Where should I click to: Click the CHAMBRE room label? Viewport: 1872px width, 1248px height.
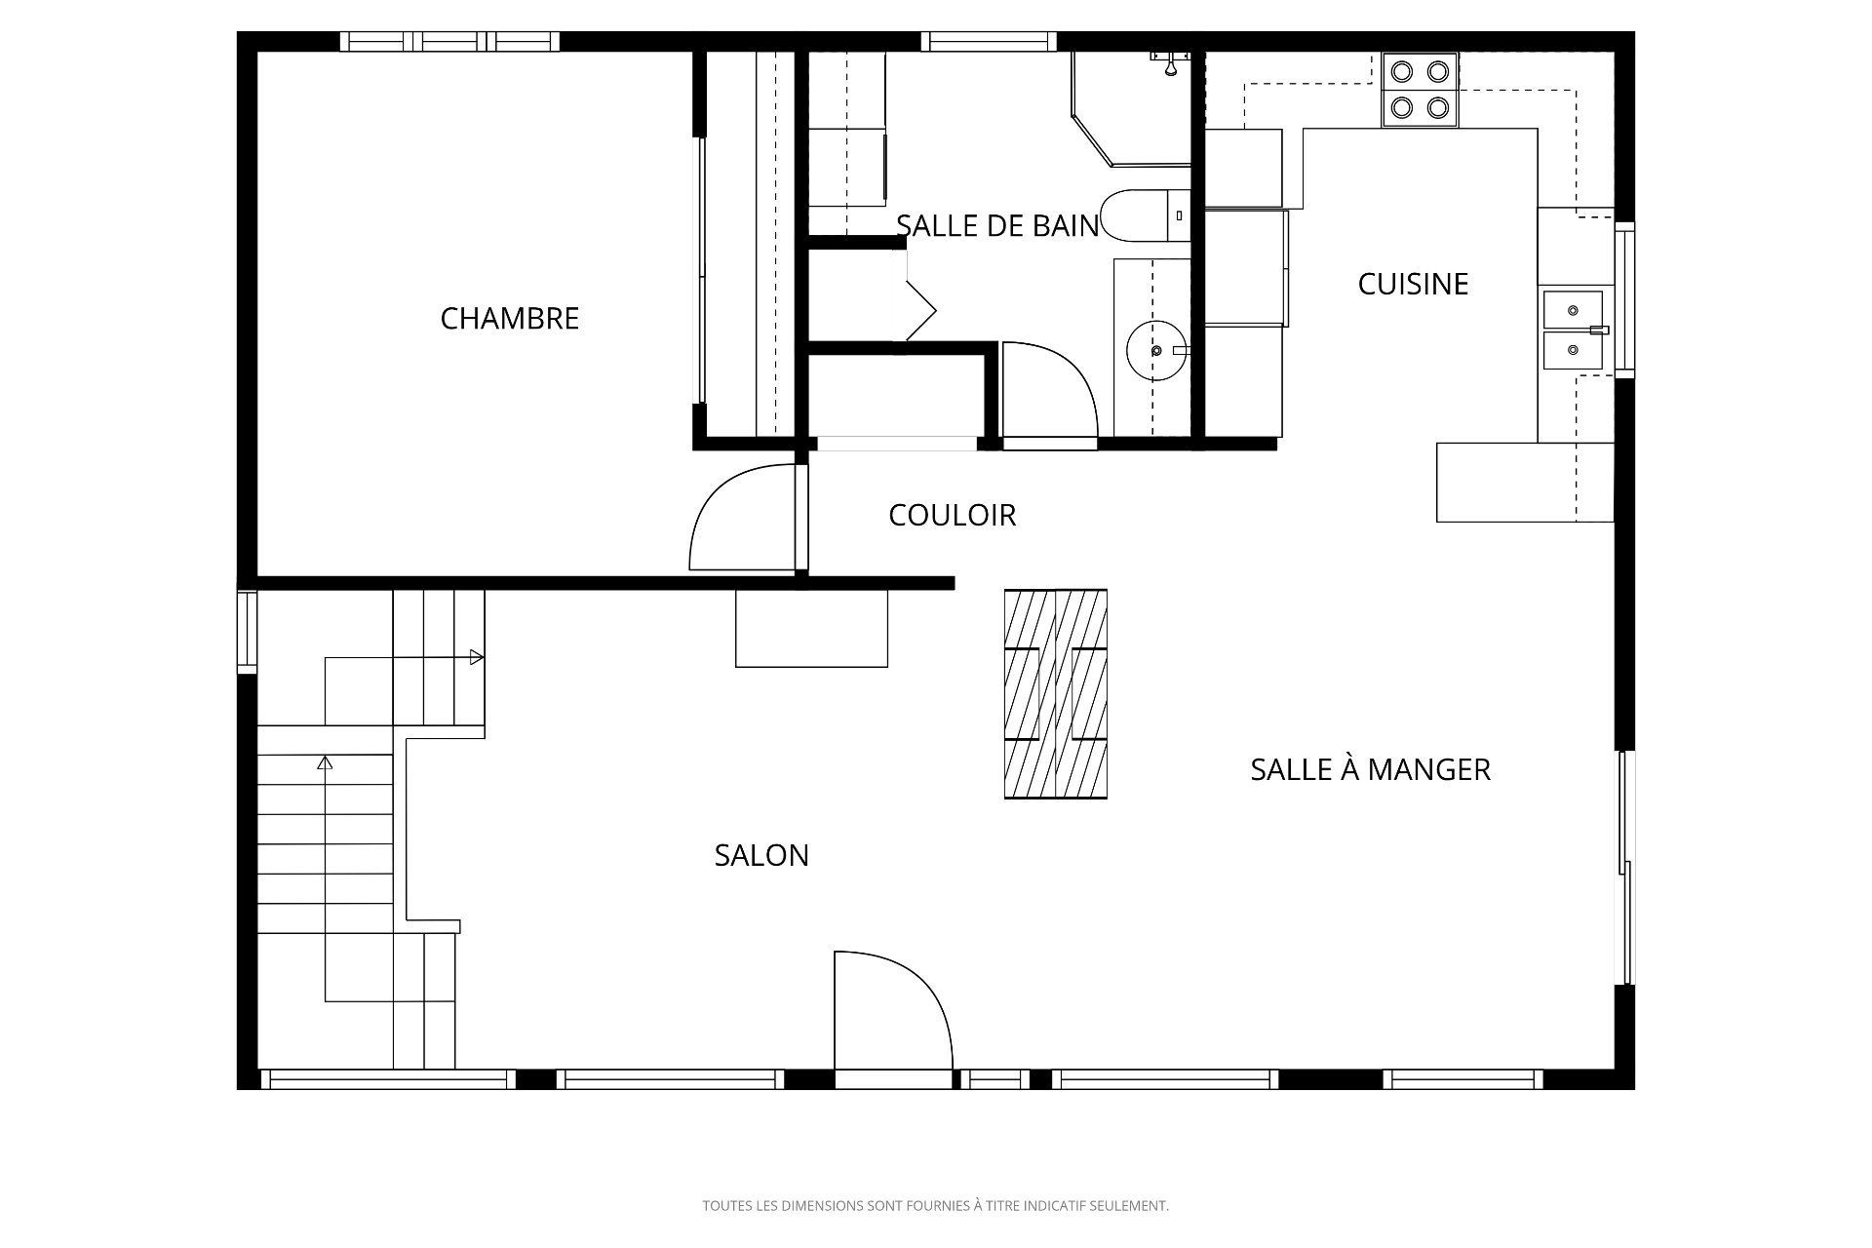coord(510,319)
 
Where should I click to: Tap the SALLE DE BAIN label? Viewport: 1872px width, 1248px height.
coord(997,226)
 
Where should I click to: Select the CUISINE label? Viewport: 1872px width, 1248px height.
coord(1413,284)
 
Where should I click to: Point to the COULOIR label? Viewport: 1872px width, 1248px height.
coord(952,515)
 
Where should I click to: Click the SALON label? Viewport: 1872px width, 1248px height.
coord(761,855)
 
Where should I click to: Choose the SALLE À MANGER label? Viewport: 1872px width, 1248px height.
coord(1370,769)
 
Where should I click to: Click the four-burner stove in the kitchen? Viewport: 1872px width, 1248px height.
coord(1421,89)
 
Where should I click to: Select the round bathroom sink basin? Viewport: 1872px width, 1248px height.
coord(1158,350)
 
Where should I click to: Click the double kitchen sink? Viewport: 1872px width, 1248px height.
coord(1573,331)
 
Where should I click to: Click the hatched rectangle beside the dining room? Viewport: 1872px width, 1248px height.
coord(1056,694)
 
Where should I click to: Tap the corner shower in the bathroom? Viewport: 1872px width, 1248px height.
coord(1131,108)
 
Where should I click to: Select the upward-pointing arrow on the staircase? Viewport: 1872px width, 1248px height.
coord(326,763)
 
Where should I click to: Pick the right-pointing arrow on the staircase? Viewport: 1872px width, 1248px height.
coord(477,657)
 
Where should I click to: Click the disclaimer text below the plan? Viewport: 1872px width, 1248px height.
coord(935,1206)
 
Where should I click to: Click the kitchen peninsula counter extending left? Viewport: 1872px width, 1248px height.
coord(1525,483)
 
